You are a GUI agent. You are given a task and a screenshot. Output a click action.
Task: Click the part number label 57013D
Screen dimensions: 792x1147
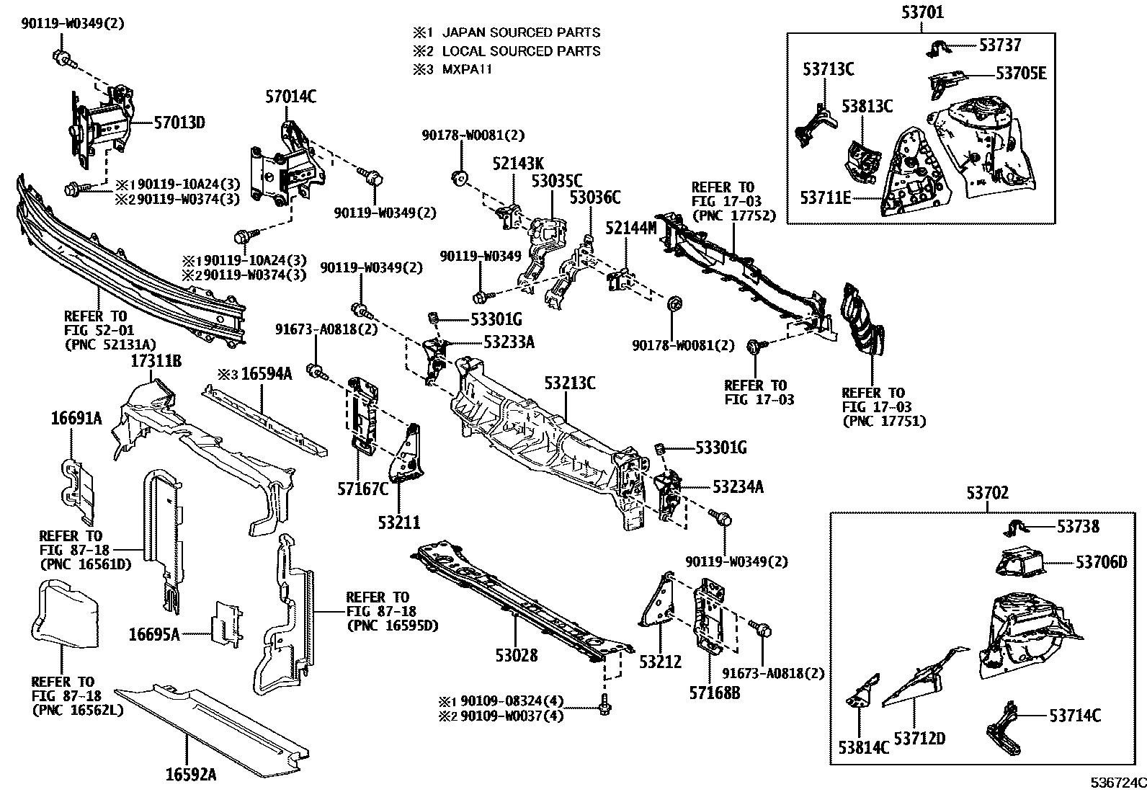tap(179, 123)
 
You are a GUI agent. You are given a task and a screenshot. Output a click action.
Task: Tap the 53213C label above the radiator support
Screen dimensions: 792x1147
tap(570, 383)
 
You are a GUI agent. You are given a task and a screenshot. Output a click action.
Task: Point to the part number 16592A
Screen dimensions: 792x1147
tap(190, 775)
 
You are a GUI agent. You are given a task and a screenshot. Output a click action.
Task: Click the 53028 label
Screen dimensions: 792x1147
tap(517, 655)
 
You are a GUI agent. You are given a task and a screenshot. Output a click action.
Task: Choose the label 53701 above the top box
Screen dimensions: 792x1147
tap(922, 12)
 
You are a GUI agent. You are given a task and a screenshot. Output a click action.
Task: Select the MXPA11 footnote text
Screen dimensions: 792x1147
tap(467, 69)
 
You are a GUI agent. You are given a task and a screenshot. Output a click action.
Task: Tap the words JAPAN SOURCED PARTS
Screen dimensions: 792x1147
tap(521, 32)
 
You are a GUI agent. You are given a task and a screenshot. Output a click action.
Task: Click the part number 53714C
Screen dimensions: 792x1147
tap(1075, 716)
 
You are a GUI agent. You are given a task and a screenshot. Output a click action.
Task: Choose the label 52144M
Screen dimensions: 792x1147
tap(631, 228)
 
